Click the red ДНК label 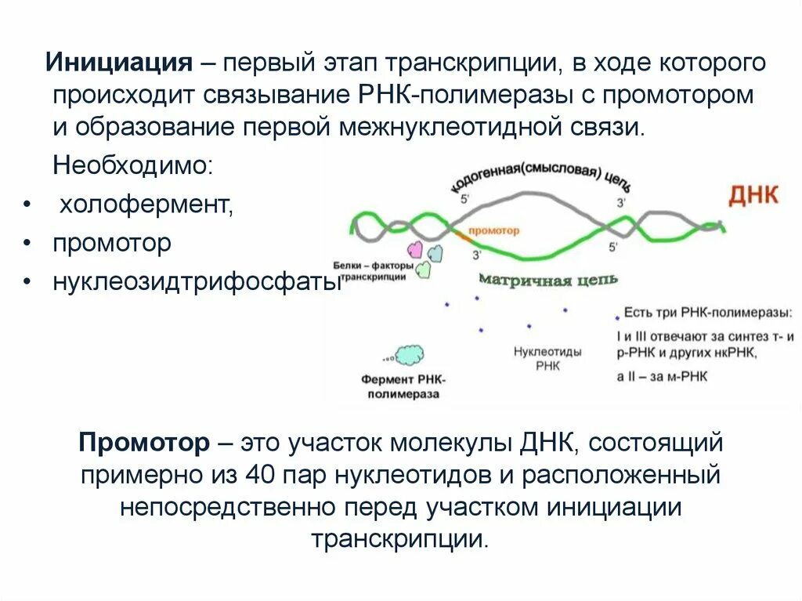pos(753,194)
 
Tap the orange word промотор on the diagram pos(493,231)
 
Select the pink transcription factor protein pos(415,250)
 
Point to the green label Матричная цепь pos(547,280)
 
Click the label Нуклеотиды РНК pos(547,359)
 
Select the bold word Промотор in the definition pos(143,443)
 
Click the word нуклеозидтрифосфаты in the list pos(197,281)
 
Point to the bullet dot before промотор pos(27,244)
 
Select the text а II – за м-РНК pos(662,376)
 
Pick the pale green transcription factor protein pos(424,269)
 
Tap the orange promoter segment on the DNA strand pos(459,233)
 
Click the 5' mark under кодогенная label pos(465,200)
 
